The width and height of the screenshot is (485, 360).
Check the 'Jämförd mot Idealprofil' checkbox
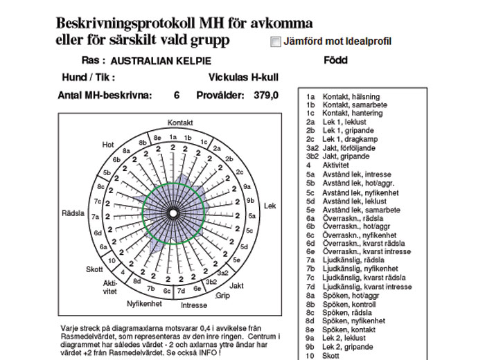(276, 42)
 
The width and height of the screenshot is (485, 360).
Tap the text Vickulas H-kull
(242, 78)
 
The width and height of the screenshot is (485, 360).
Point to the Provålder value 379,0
(266, 96)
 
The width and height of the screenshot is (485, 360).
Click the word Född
(335, 60)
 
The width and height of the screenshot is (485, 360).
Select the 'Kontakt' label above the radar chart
(180, 123)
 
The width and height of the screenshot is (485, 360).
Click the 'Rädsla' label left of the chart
(73, 213)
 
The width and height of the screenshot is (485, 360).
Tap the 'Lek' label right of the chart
(270, 206)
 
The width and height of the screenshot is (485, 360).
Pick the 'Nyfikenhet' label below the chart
(144, 303)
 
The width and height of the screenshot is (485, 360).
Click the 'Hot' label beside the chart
(108, 145)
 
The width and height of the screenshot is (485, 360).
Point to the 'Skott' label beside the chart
(94, 269)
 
